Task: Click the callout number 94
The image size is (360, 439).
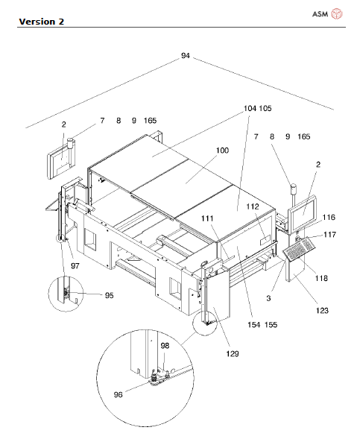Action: (x=185, y=56)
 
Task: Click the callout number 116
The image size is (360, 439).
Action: (x=328, y=217)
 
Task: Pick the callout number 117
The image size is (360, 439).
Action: (x=329, y=235)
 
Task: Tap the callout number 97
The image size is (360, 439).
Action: (x=75, y=265)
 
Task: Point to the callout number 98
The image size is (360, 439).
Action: (x=165, y=346)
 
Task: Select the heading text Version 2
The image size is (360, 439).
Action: (x=41, y=21)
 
